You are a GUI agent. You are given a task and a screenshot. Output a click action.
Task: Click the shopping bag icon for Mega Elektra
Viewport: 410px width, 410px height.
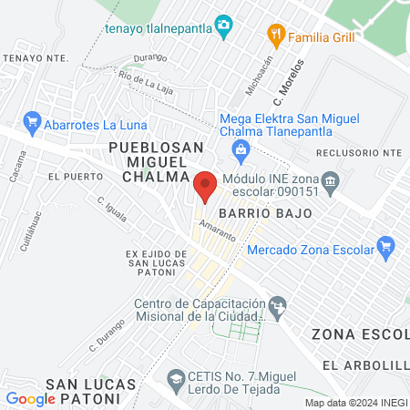pos(241,149)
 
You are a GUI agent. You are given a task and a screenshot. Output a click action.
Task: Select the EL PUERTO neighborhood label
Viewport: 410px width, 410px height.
pos(71,176)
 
